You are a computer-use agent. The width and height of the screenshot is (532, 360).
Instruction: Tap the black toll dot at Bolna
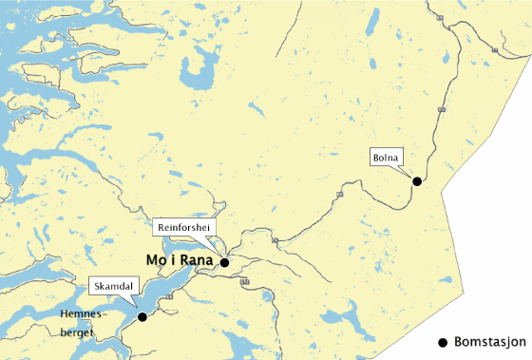(416, 180)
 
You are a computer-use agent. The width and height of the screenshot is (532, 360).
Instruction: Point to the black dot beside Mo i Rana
(225, 262)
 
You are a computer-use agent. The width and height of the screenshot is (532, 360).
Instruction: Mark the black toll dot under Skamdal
(142, 317)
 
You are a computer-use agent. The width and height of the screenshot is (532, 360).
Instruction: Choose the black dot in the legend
(442, 341)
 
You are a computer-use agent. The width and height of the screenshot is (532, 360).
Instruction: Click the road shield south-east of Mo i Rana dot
(245, 282)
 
